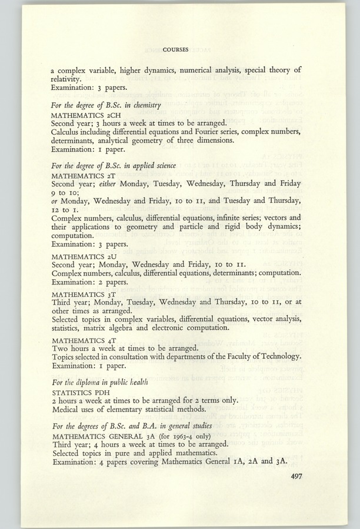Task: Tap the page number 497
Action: coord(299,460)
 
